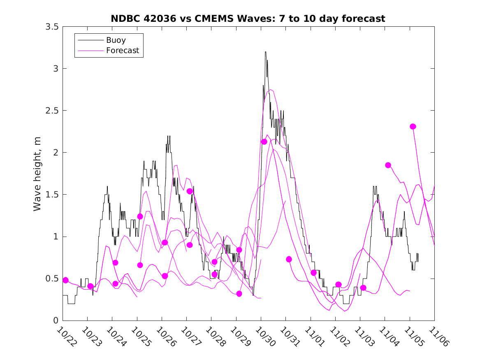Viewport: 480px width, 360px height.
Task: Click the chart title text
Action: [248, 19]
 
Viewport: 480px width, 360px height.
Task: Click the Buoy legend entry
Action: [116, 40]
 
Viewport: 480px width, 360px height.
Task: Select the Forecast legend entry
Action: [123, 51]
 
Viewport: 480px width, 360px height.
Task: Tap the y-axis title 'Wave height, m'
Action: [37, 173]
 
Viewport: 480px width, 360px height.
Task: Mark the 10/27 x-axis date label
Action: [192, 337]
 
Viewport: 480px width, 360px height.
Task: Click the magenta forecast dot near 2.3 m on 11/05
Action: [413, 127]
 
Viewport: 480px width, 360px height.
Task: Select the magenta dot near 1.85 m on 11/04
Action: [388, 165]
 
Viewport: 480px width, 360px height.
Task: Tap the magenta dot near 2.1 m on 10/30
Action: [264, 142]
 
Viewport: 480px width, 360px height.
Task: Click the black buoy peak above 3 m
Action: [266, 52]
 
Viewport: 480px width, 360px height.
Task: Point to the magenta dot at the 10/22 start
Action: [65, 280]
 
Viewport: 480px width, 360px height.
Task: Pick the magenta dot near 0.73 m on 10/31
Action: [289, 259]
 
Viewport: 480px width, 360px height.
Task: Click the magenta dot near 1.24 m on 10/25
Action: [140, 216]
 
